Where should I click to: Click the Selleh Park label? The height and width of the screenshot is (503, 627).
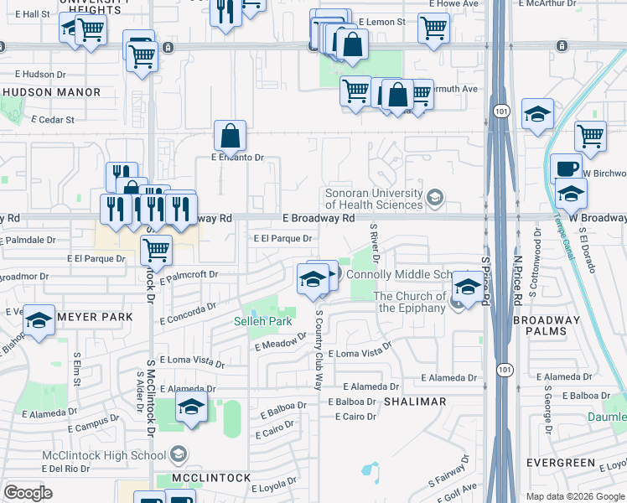coord(262,321)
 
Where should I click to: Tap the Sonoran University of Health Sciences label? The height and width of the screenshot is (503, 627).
coord(374,199)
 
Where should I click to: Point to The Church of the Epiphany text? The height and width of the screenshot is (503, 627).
coord(410,302)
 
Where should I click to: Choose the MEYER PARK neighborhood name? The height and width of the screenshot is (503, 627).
coord(95,317)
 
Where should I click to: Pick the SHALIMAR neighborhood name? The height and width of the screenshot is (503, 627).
coord(415,402)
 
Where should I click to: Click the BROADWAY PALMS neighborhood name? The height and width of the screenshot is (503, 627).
coord(546,325)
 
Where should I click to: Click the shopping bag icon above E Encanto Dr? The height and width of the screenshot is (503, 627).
coord(230,136)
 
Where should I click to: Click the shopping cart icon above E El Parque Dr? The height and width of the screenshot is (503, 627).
coord(156,249)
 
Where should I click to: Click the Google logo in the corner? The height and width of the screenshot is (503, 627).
coord(28,493)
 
